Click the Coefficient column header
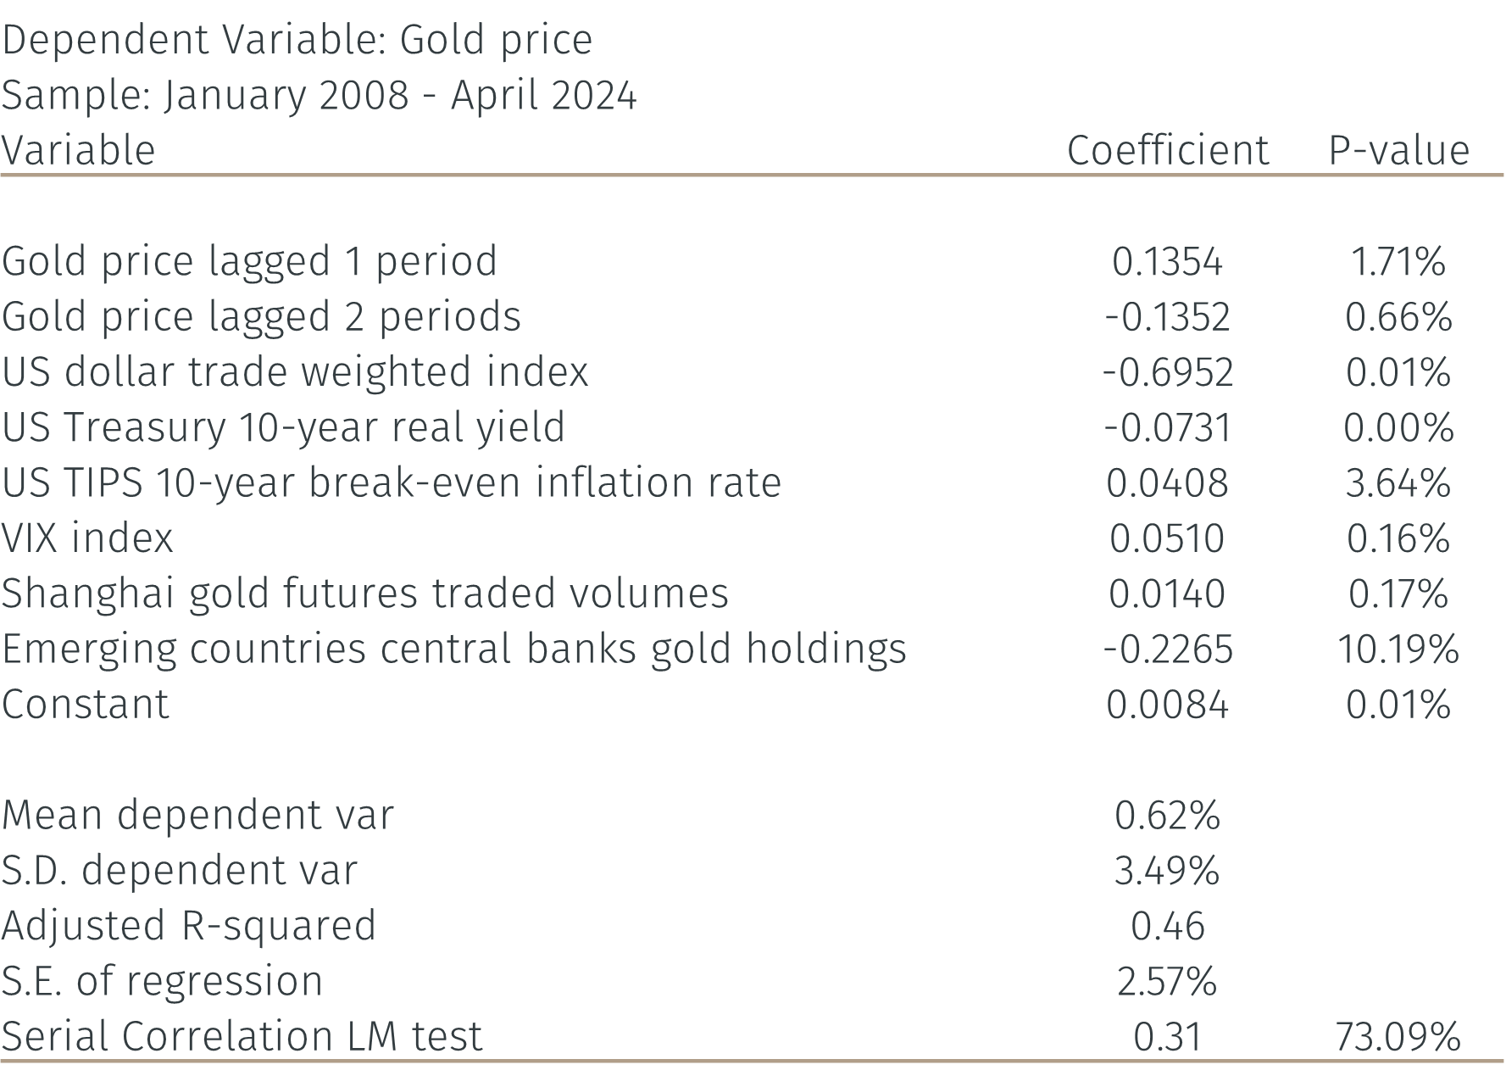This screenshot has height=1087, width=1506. tap(1168, 151)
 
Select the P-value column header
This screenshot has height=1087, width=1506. tap(1399, 151)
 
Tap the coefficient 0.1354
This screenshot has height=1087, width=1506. tap(1168, 261)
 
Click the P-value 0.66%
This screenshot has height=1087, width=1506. tap(1399, 317)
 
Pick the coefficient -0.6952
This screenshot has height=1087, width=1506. tap(1168, 372)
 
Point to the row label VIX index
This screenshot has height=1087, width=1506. tap(87, 538)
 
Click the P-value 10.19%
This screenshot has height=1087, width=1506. tap(1399, 649)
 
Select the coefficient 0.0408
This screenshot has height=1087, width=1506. tap(1168, 483)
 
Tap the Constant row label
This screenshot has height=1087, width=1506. tap(86, 705)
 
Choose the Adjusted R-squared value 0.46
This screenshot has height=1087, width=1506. tap(1168, 926)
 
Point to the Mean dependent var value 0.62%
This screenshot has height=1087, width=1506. tap(1168, 816)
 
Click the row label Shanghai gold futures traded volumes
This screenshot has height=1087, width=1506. tap(365, 594)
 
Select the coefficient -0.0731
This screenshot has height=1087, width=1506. tap(1168, 427)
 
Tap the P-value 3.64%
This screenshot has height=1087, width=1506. tap(1399, 483)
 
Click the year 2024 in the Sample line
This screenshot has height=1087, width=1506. tap(593, 95)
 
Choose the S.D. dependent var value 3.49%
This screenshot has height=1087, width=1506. tap(1168, 871)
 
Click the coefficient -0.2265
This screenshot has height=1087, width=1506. tap(1168, 649)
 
